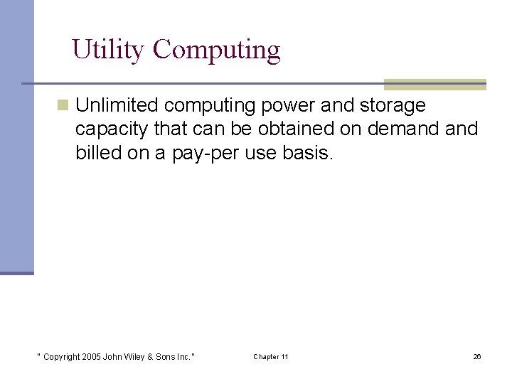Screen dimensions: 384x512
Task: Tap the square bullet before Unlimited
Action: [x=63, y=106]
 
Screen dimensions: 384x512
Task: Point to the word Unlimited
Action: [x=117, y=106]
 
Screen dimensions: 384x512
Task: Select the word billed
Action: [x=97, y=153]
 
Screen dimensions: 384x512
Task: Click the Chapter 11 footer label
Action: [x=270, y=356]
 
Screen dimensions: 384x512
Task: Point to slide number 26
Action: [x=477, y=356]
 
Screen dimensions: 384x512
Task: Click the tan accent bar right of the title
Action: [x=434, y=84]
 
